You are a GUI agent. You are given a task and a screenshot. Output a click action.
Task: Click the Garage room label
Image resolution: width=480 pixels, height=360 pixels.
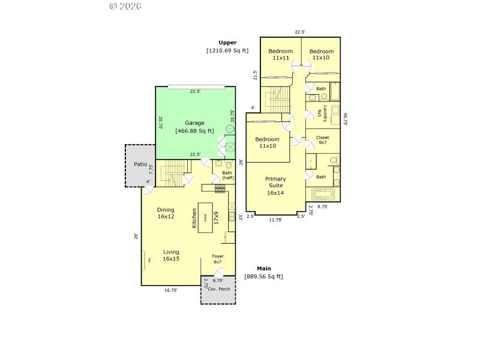point(194,123)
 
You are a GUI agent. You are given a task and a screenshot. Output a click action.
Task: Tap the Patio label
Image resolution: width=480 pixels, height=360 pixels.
point(140,164)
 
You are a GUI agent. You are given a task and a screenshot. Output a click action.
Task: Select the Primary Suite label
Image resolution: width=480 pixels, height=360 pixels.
point(275,185)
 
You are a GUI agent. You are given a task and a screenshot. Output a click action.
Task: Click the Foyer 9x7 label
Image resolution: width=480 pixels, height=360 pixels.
point(218,259)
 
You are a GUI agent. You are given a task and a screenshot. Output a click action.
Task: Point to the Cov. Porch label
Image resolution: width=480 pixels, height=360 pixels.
point(218,289)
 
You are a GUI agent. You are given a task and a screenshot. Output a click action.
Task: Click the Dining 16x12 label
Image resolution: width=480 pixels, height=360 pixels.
point(166,213)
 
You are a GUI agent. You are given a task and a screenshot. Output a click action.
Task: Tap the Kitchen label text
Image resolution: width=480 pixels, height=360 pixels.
point(194,218)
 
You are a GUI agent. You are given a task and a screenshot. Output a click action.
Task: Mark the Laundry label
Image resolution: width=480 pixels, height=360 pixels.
point(325,113)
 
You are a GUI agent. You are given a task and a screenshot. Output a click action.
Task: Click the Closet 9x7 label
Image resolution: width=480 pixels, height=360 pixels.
point(322,140)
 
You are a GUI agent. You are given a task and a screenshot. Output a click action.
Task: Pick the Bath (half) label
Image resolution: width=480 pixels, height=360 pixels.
point(227,175)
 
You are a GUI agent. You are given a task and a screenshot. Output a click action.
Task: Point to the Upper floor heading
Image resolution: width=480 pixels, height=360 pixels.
point(227,43)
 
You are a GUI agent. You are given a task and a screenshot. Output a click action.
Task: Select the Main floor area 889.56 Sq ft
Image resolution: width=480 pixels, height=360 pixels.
point(263,276)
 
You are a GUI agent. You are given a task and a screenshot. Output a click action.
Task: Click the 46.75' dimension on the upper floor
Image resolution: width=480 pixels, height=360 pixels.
point(346,119)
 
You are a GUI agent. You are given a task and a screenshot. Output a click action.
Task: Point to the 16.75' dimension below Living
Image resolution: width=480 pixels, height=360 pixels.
point(170,290)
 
